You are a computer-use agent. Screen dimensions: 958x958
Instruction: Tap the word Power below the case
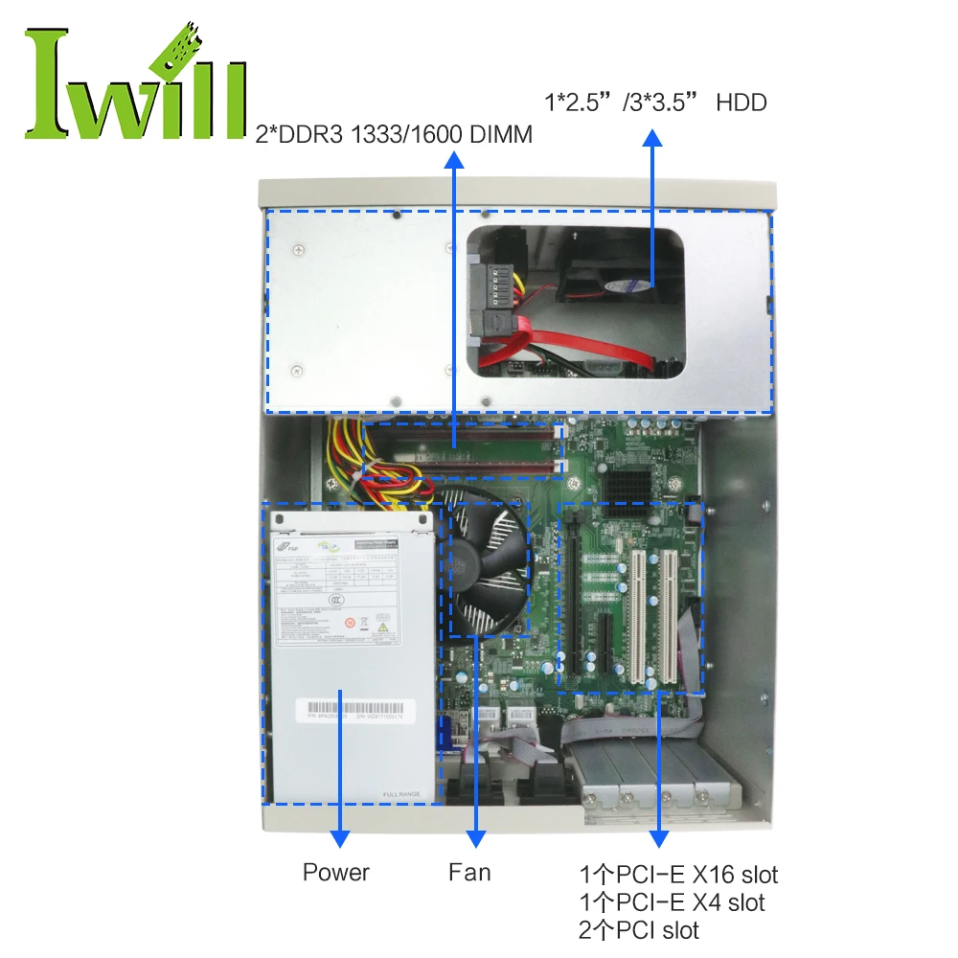[x=335, y=873]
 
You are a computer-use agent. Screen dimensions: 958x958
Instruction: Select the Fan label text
[x=469, y=873]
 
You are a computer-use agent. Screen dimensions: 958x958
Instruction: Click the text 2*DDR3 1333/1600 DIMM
[x=394, y=135]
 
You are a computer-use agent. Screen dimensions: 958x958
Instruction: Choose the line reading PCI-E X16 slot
[x=678, y=875]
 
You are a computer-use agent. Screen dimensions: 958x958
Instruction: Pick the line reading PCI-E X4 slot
[x=672, y=902]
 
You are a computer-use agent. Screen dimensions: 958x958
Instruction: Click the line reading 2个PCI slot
[x=639, y=930]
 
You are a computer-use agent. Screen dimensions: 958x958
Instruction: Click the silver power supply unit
[x=345, y=651]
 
